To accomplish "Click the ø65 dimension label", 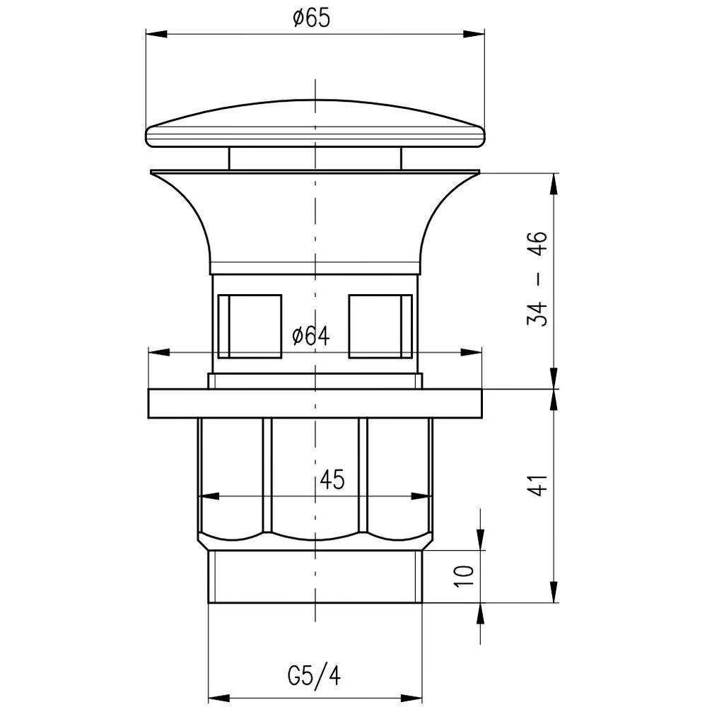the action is (x=311, y=19).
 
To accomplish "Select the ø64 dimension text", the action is (x=311, y=336).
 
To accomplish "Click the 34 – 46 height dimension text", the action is (x=537, y=279).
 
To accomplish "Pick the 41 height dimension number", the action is (x=537, y=485).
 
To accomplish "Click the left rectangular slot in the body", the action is (x=250, y=327).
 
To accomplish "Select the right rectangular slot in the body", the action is (x=380, y=327).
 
